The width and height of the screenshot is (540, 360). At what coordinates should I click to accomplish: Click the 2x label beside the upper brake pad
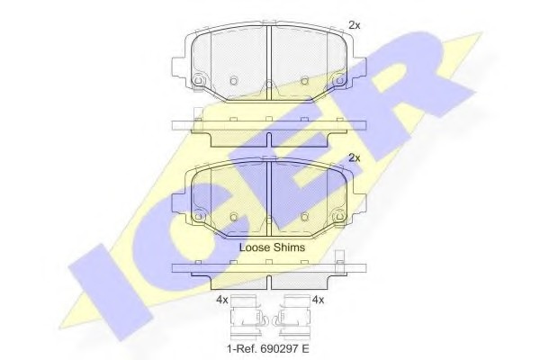coord(355,25)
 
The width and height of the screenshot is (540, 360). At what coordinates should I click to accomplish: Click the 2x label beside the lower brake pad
coord(355,157)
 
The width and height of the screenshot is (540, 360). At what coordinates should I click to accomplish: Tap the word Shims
coord(289,247)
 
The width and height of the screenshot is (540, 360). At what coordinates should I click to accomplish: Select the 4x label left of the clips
coord(222,300)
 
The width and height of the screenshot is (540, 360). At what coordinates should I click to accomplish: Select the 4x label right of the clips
coord(318,300)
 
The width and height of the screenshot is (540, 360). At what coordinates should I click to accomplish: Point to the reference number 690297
coord(278,349)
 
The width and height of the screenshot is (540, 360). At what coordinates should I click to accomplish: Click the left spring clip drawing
coord(247,317)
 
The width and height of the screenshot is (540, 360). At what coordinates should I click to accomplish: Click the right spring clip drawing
coord(293,317)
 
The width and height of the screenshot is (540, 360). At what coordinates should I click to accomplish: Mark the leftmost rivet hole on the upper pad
coord(199,80)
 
